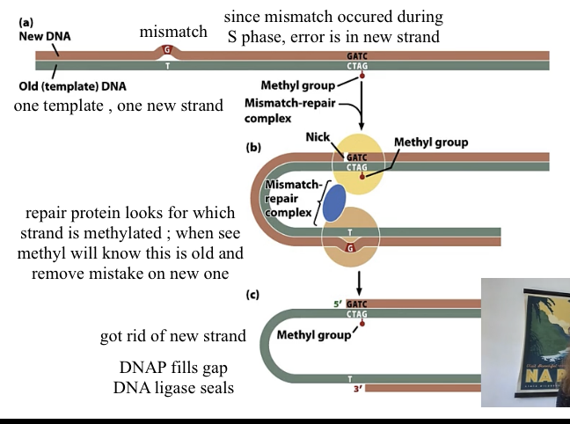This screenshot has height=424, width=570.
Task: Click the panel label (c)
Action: click(252, 295)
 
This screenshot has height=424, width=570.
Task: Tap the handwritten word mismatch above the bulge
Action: click(173, 33)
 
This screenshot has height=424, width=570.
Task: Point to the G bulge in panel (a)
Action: click(167, 50)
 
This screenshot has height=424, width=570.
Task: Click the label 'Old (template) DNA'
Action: click(71, 86)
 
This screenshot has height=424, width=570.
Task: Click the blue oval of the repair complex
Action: click(334, 201)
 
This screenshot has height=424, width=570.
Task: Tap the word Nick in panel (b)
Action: click(318, 138)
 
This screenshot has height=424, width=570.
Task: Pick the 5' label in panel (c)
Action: click(339, 304)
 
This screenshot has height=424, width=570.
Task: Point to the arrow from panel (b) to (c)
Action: click(359, 281)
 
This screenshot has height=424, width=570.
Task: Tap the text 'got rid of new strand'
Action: click(172, 338)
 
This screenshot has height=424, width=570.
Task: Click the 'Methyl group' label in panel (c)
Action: click(313, 335)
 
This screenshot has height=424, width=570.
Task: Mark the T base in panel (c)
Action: click(349, 378)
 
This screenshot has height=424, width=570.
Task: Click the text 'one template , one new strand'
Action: click(119, 106)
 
